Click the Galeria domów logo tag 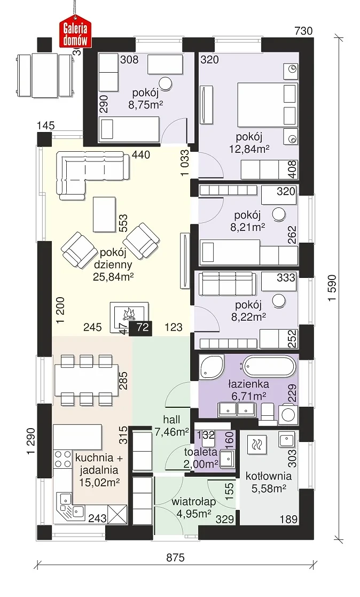click(75, 33)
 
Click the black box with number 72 click(141, 328)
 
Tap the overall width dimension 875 click(175, 558)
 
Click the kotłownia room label click(269, 476)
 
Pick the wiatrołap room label click(194, 502)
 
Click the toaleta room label click(200, 452)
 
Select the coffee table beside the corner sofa click(104, 214)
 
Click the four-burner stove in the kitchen click(63, 459)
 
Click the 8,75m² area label click(146, 105)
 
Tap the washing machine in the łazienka click(288, 414)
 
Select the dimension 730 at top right click(304, 31)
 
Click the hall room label click(171, 420)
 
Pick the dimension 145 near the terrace click(46, 125)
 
